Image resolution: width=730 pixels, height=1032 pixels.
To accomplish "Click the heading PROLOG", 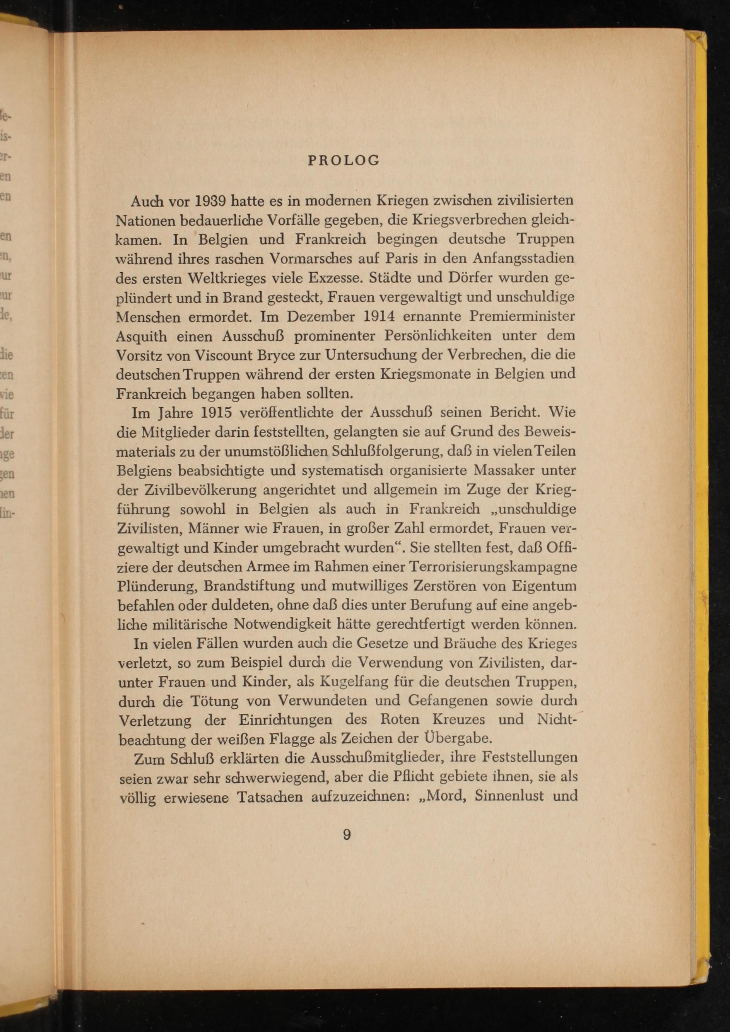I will (344, 161).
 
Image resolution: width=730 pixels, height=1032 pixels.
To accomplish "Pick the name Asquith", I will (142, 337).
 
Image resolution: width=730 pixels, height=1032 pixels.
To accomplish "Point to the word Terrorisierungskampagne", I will (494, 567).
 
